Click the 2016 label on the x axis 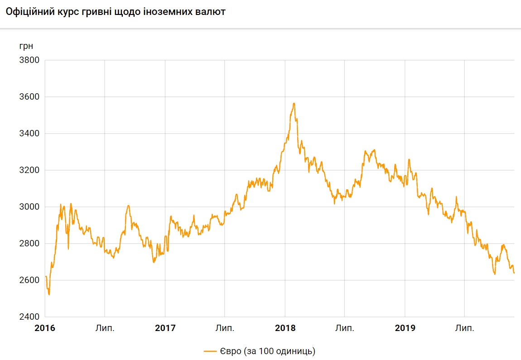[45, 328]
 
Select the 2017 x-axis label [165, 328]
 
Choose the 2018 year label [285, 328]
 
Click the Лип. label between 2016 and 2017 [105, 328]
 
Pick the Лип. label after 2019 [464, 328]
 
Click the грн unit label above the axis [26, 46]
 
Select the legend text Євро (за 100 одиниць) [268, 351]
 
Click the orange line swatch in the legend [211, 351]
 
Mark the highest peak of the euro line [294, 104]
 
